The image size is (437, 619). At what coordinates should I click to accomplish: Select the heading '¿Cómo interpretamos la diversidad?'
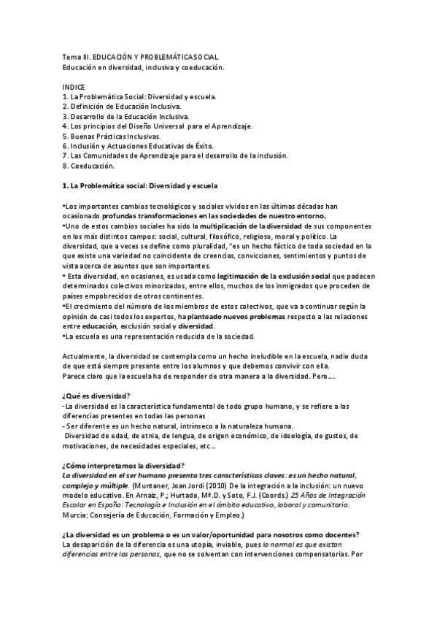(x=123, y=465)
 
